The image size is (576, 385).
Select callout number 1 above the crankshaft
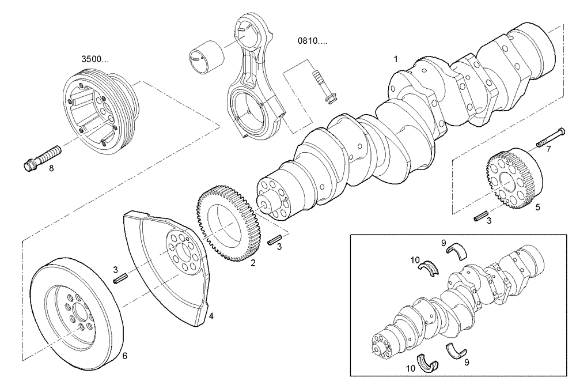(396, 59)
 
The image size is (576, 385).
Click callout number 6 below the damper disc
(125, 356)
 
